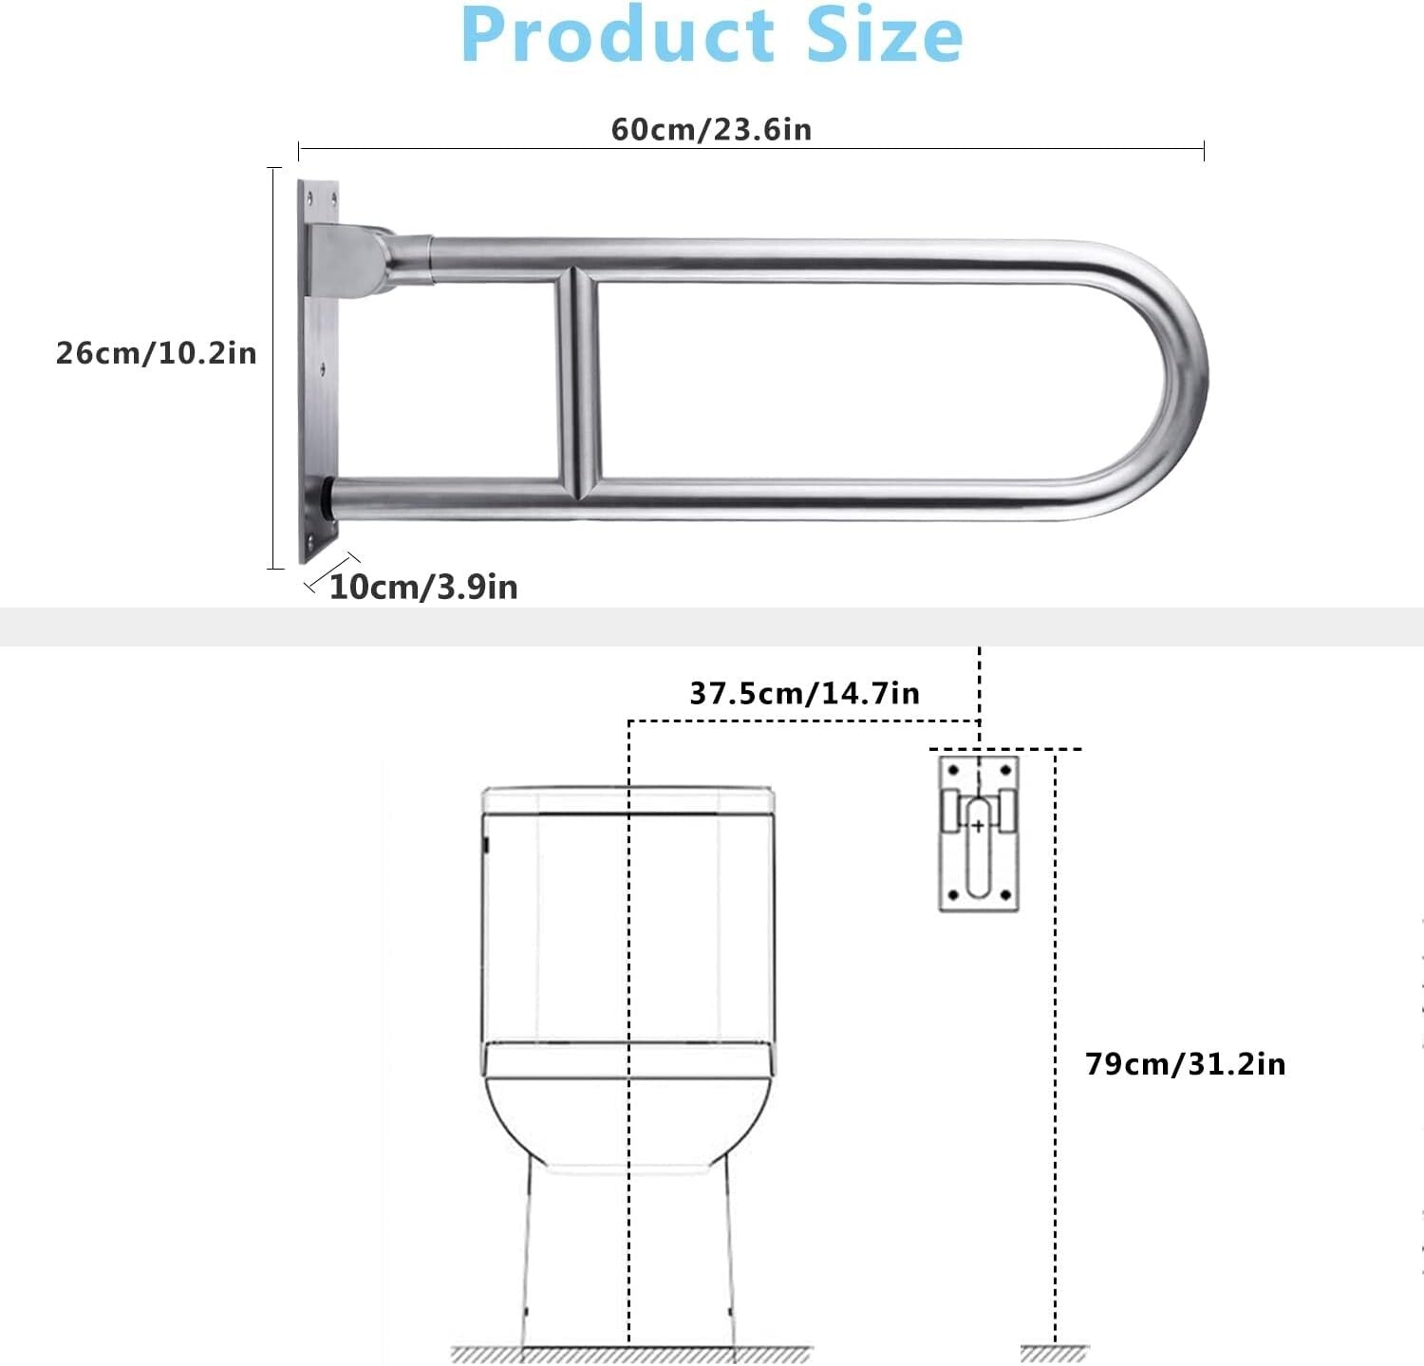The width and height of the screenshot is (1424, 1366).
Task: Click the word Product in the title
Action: click(618, 35)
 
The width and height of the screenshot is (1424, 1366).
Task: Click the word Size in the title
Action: click(884, 35)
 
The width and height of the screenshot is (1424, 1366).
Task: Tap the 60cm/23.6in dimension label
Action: click(711, 129)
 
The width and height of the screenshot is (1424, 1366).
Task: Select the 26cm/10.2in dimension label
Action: click(157, 353)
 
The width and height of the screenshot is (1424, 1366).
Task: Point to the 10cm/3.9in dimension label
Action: click(423, 587)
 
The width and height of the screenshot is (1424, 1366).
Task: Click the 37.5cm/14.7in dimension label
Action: click(804, 693)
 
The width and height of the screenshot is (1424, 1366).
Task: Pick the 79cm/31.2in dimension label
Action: click(1185, 1063)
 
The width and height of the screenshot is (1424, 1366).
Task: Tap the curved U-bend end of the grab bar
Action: click(1177, 380)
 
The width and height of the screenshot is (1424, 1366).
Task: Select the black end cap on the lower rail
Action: click(328, 496)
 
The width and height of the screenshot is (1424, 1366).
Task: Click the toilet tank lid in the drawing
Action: click(628, 799)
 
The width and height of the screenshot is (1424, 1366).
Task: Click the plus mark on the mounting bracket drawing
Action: click(978, 826)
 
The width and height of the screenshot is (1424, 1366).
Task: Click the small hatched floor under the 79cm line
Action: click(1055, 1354)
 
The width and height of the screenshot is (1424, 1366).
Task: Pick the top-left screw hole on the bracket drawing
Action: click(953, 770)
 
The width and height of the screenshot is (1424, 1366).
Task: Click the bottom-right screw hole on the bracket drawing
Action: click(1005, 895)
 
